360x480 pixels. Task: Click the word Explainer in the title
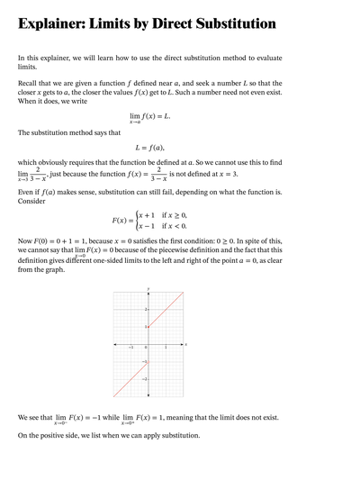[x=54, y=25]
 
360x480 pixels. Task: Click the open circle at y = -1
[x=148, y=361]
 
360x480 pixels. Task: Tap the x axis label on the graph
[x=186, y=343]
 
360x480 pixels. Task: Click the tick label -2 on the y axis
[x=144, y=379]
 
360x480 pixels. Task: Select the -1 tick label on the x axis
[x=131, y=348]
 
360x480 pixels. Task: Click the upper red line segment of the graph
[x=166, y=307]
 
